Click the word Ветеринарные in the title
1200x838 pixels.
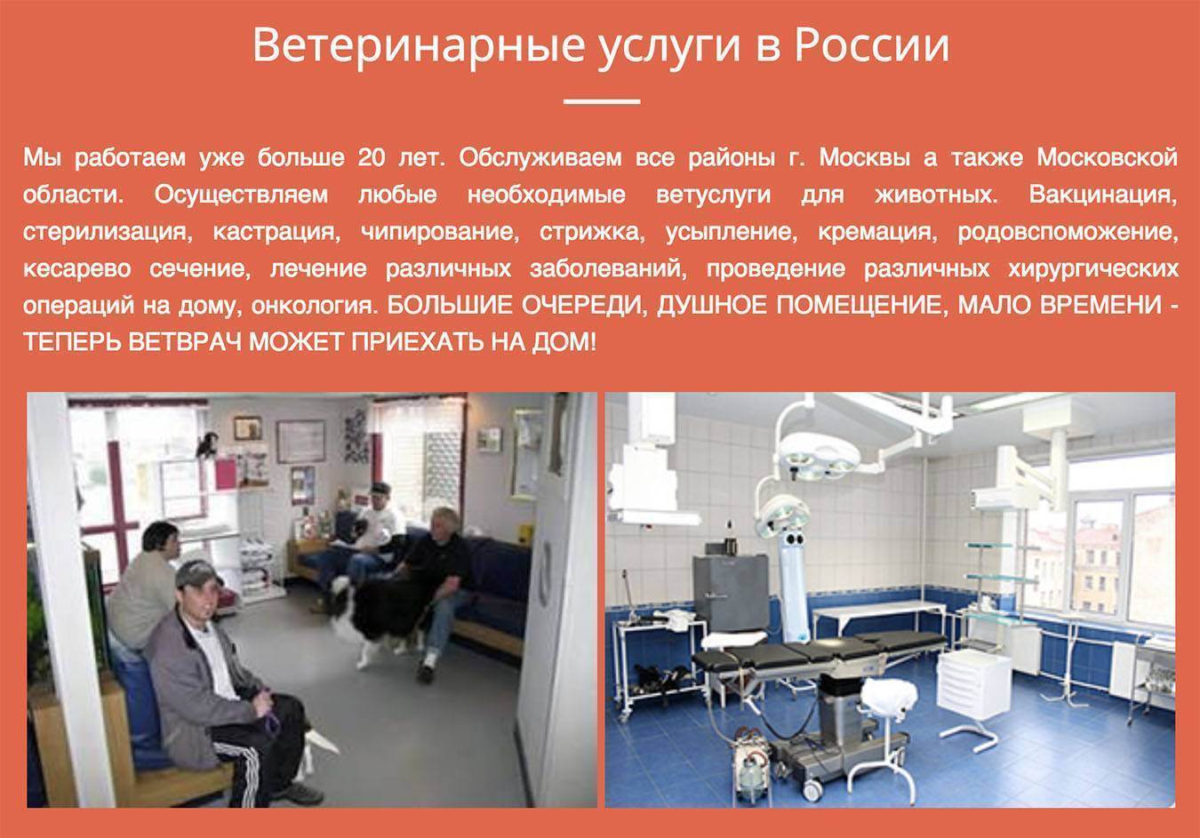click(418, 45)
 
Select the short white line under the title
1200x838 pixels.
click(602, 100)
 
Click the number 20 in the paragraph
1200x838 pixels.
click(372, 157)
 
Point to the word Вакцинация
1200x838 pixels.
click(1103, 195)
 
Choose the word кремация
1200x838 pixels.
click(877, 232)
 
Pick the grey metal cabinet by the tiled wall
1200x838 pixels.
click(732, 592)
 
